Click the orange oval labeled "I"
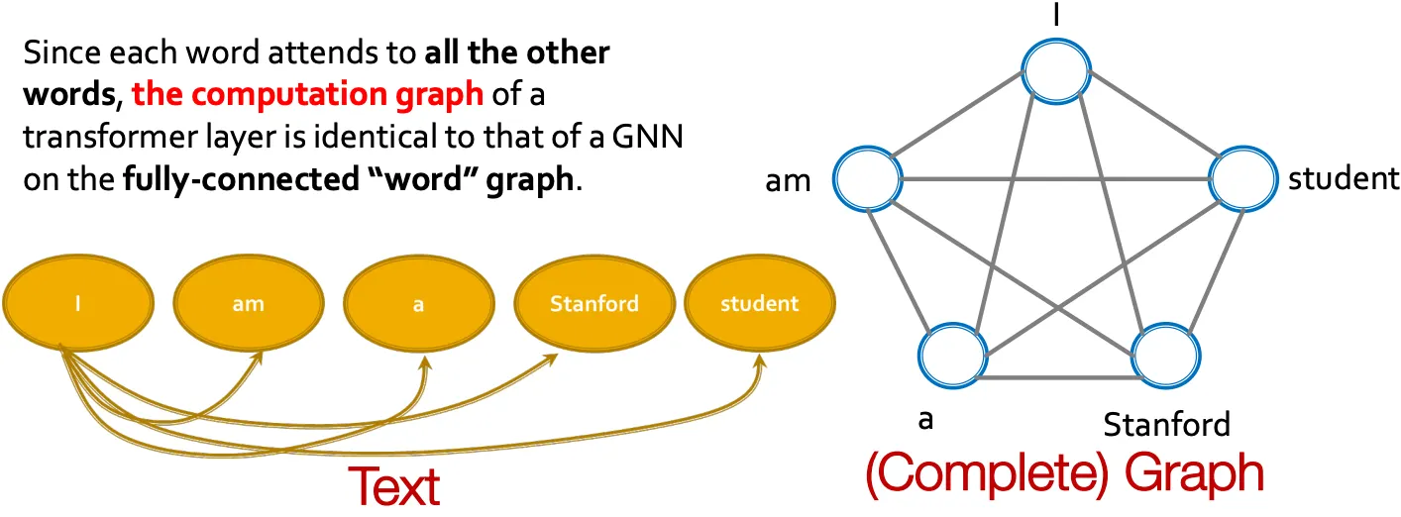point(78,303)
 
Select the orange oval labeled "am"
point(248,303)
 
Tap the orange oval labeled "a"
point(418,303)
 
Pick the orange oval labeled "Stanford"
point(594,303)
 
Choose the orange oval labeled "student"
point(758,303)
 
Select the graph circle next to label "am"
point(868,179)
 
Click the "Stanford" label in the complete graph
point(1166,425)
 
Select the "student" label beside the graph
point(1343,179)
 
